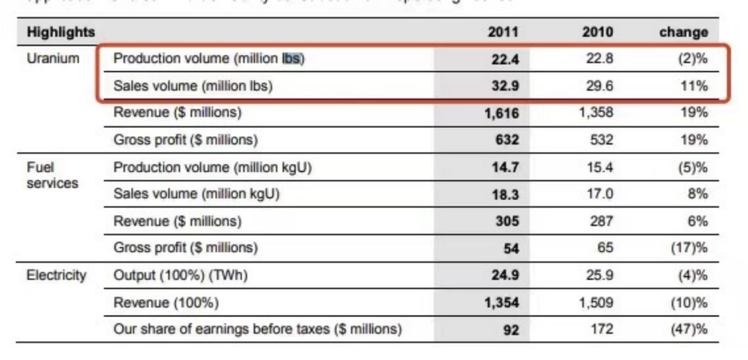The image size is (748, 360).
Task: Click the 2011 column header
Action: (x=503, y=32)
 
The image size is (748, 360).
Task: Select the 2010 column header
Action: (x=597, y=32)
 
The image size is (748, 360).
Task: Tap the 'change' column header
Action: (x=684, y=32)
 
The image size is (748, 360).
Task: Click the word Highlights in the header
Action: (x=61, y=32)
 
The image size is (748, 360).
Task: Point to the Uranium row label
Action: (x=53, y=59)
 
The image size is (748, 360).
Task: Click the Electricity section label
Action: (x=57, y=276)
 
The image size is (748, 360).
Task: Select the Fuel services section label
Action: (x=53, y=175)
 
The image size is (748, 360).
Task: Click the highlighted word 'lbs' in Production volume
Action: (x=291, y=59)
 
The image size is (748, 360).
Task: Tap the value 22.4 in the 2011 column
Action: (x=505, y=60)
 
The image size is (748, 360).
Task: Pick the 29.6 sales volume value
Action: (x=599, y=87)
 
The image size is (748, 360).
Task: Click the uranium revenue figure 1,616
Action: (x=501, y=114)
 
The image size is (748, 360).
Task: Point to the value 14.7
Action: (x=505, y=168)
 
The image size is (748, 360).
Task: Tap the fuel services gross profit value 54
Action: (x=511, y=249)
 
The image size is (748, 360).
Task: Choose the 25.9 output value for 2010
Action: (x=599, y=276)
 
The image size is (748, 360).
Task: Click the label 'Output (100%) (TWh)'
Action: (x=180, y=276)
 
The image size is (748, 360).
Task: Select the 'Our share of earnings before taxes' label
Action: (x=257, y=330)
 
